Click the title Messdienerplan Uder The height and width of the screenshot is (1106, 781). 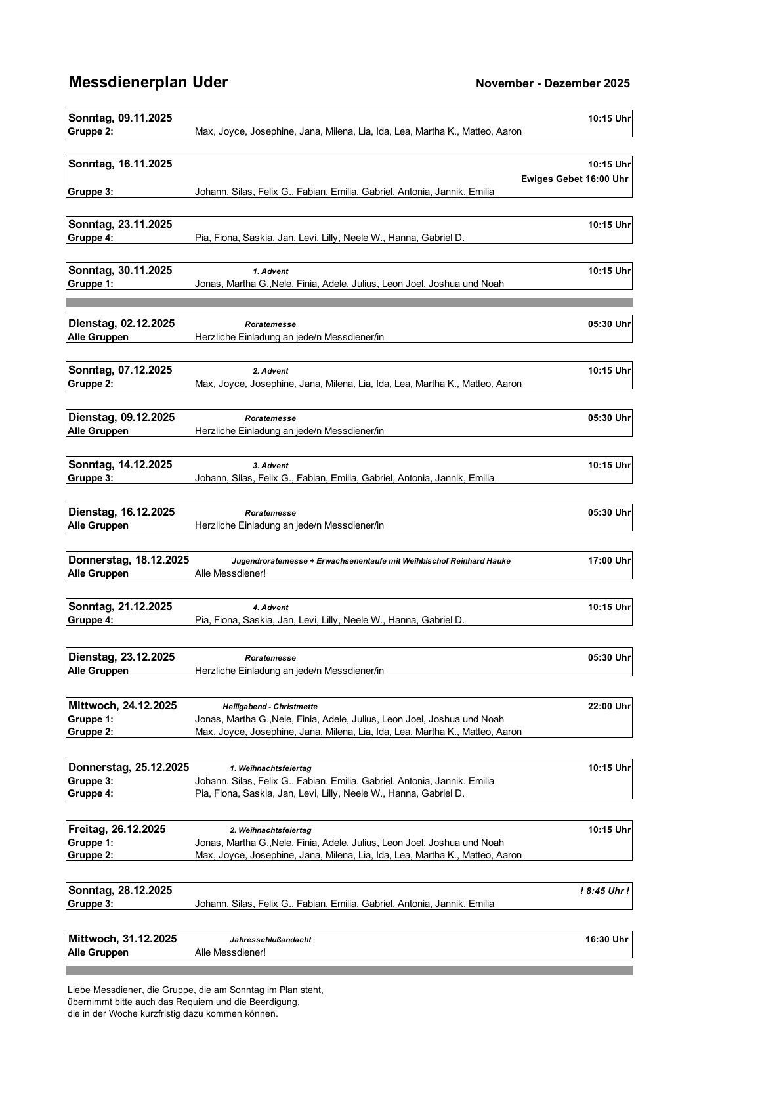pos(148,83)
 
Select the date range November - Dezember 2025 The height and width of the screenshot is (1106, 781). pos(553,83)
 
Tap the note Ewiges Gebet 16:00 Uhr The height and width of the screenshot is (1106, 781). pos(574,179)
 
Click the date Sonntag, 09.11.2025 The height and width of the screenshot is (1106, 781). pos(120,118)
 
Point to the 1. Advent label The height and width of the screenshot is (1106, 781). pos(270,271)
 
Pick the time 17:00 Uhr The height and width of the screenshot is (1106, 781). pos(609,560)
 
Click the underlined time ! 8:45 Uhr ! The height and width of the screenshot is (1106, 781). pos(604,891)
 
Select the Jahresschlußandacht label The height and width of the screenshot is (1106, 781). pos(270,940)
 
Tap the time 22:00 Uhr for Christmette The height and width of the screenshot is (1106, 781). pos(609,706)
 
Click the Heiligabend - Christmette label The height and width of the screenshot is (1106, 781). pos(270,707)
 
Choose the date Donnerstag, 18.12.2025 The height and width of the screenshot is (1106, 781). pos(129,560)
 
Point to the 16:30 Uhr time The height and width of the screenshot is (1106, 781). pos(607,939)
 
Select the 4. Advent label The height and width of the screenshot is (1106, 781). pos(270,608)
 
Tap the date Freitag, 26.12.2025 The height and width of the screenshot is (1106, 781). pos(117,829)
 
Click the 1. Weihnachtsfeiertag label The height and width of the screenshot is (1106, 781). pos(270,768)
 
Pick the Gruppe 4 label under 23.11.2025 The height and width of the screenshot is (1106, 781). pos(91,238)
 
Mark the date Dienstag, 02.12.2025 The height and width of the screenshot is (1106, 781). pos(121,323)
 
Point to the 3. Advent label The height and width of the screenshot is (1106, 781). pos(270,466)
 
